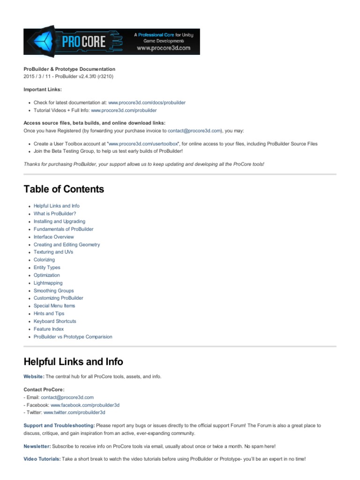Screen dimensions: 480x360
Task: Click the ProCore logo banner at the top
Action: tap(112, 42)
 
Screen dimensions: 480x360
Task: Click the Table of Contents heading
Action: tap(64, 189)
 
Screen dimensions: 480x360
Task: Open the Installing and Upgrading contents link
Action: tap(60, 221)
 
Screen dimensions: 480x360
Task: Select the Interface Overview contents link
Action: tap(53, 237)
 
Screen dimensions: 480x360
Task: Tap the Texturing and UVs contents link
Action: tap(53, 252)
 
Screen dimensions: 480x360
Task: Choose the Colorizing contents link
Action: tap(44, 260)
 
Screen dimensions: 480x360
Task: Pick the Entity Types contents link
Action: tap(47, 267)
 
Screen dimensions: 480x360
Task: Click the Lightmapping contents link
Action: tap(48, 283)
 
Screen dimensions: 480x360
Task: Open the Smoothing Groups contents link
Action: tap(53, 291)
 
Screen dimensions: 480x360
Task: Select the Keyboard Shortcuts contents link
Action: tap(55, 321)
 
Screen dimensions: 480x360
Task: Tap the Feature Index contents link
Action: tap(49, 329)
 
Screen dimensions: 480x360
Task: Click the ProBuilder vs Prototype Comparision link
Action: tap(73, 337)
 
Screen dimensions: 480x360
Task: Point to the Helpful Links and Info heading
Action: tap(74, 361)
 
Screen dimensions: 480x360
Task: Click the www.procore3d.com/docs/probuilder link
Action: tap(143, 102)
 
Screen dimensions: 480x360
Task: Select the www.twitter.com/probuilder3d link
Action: tap(74, 412)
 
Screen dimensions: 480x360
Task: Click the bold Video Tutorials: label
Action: tap(42, 459)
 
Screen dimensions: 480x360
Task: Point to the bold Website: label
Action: tap(34, 376)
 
